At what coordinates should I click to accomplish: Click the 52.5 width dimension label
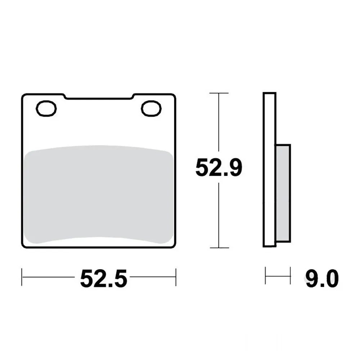(x=104, y=279)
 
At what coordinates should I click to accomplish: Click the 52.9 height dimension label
(x=219, y=167)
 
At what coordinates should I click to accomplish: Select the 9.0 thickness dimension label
(x=322, y=279)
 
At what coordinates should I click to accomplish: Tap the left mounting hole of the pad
(x=46, y=108)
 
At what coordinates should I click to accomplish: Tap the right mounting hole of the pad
(x=151, y=108)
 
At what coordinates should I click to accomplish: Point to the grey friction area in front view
(x=99, y=194)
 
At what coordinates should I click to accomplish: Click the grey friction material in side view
(x=283, y=193)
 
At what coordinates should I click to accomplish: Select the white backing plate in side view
(x=269, y=170)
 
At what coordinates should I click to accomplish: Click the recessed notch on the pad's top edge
(x=99, y=97)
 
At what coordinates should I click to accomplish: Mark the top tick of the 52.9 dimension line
(x=219, y=93)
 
